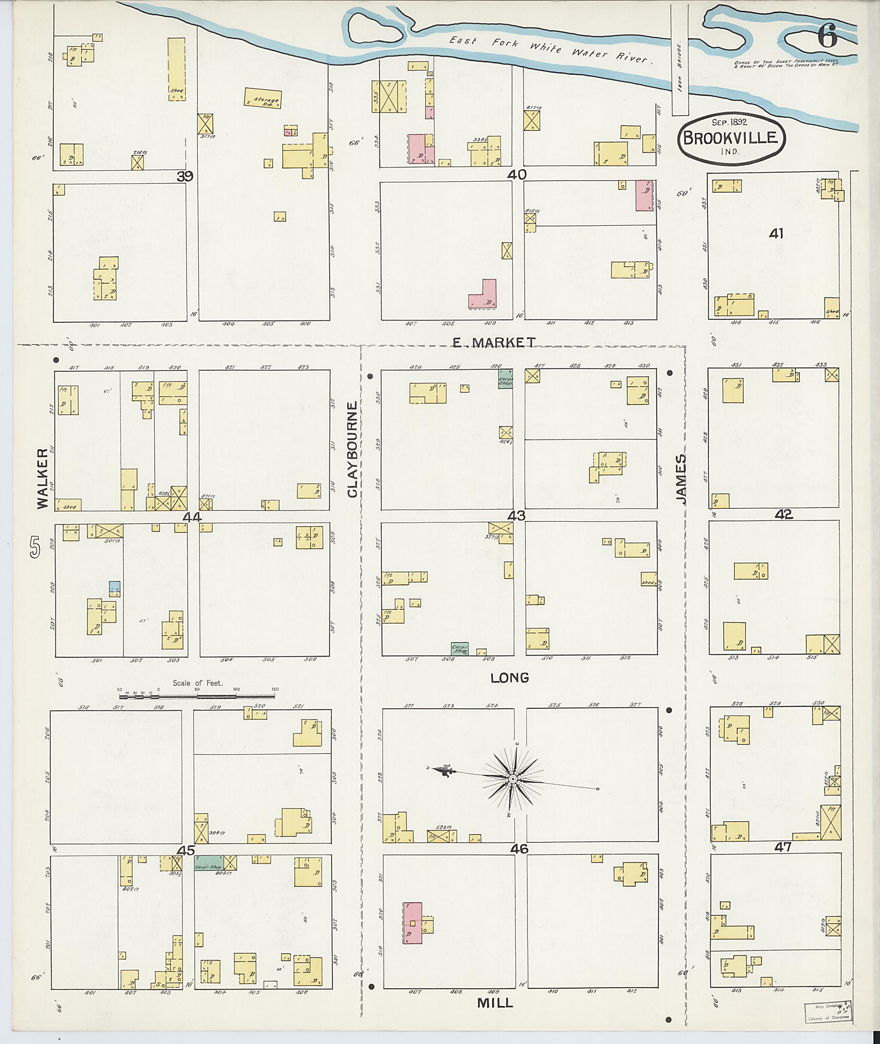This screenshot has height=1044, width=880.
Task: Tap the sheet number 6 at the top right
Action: click(828, 37)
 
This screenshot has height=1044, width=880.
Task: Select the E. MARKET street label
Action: click(494, 343)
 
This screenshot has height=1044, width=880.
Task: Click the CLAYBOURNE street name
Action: click(353, 450)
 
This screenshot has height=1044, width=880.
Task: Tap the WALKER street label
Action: click(43, 478)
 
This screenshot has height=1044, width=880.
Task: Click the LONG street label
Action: click(509, 678)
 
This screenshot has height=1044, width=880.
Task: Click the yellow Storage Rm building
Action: click(263, 98)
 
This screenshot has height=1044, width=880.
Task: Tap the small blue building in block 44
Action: click(115, 586)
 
